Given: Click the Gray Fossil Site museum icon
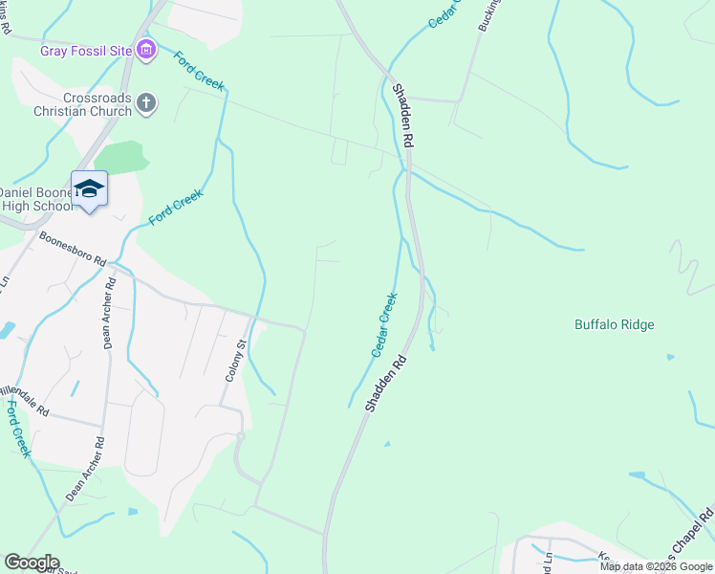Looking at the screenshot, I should [x=146, y=49].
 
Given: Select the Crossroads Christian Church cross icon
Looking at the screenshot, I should [x=146, y=103].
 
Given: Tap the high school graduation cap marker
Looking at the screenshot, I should [x=90, y=188].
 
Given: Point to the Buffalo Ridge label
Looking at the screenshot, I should [x=614, y=325].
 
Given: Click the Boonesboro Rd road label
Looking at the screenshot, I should [x=73, y=247].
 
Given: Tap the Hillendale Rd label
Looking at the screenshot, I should [x=23, y=399].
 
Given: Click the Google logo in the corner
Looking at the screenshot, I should [x=31, y=563].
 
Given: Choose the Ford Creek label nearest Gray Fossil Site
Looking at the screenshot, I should [x=199, y=71].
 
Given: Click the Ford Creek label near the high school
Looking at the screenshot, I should [x=176, y=209].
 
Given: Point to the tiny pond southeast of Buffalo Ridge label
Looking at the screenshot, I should [x=668, y=357].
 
